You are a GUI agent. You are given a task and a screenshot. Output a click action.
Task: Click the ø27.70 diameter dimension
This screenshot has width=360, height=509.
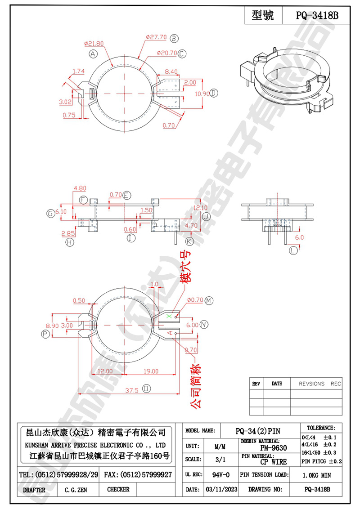pos(156,37)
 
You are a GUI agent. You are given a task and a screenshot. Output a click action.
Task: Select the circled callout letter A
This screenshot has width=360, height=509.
pos(93,54)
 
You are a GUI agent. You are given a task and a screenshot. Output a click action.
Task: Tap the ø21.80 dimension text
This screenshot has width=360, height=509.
pos(94,44)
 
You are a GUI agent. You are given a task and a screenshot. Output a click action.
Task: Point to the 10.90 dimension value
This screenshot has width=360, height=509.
pos(202,94)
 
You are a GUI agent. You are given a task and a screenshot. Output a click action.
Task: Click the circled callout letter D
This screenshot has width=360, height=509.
pos(214,93)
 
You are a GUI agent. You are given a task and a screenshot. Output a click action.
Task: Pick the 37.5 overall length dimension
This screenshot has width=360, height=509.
pos(131,390)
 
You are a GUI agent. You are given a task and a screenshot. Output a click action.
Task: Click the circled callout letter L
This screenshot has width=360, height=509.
pos(293,250)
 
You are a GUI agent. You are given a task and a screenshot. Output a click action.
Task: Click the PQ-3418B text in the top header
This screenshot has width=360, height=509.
pos(316,16)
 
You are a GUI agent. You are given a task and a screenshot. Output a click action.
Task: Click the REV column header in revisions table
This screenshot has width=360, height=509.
pos(256,384)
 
